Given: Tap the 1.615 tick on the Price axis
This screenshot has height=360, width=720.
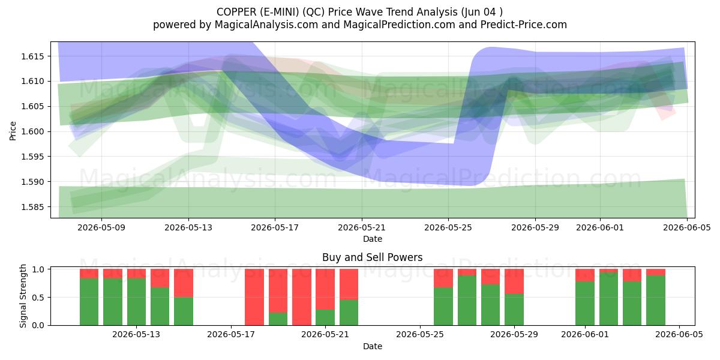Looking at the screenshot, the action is [x=32, y=56].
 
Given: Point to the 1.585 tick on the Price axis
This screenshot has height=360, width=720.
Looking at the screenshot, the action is [x=32, y=207].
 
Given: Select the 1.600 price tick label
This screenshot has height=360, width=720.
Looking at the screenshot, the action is [x=32, y=132].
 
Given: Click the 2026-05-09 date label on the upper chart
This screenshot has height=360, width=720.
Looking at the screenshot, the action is [x=101, y=227].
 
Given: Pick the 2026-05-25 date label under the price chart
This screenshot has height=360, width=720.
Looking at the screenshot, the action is [x=448, y=227].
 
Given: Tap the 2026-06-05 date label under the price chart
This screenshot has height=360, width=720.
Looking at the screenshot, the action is [x=687, y=227].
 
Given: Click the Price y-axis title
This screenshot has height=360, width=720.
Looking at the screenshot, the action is [x=13, y=131].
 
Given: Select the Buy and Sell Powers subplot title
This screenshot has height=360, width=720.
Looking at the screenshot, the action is [x=372, y=257].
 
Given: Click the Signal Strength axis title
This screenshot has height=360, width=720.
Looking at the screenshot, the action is [x=23, y=296].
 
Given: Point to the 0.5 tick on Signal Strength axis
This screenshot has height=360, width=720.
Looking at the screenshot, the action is [x=39, y=298].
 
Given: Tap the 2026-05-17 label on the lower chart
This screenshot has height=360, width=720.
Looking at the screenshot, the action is [x=231, y=335].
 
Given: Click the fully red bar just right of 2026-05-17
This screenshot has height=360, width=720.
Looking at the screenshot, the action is [x=254, y=297].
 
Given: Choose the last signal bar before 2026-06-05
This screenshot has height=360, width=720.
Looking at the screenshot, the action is [x=656, y=297].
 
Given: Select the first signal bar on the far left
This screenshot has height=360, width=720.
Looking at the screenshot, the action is [x=89, y=297].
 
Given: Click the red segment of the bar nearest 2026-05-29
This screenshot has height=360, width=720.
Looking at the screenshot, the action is [x=514, y=281].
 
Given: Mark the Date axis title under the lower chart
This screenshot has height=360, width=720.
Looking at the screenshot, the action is [x=373, y=347].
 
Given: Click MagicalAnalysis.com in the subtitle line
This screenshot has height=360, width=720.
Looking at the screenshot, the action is [x=266, y=25].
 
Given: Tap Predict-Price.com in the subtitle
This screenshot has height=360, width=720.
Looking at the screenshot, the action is [x=524, y=25].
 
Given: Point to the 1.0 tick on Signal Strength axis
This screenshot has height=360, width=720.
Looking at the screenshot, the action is [x=39, y=269].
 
